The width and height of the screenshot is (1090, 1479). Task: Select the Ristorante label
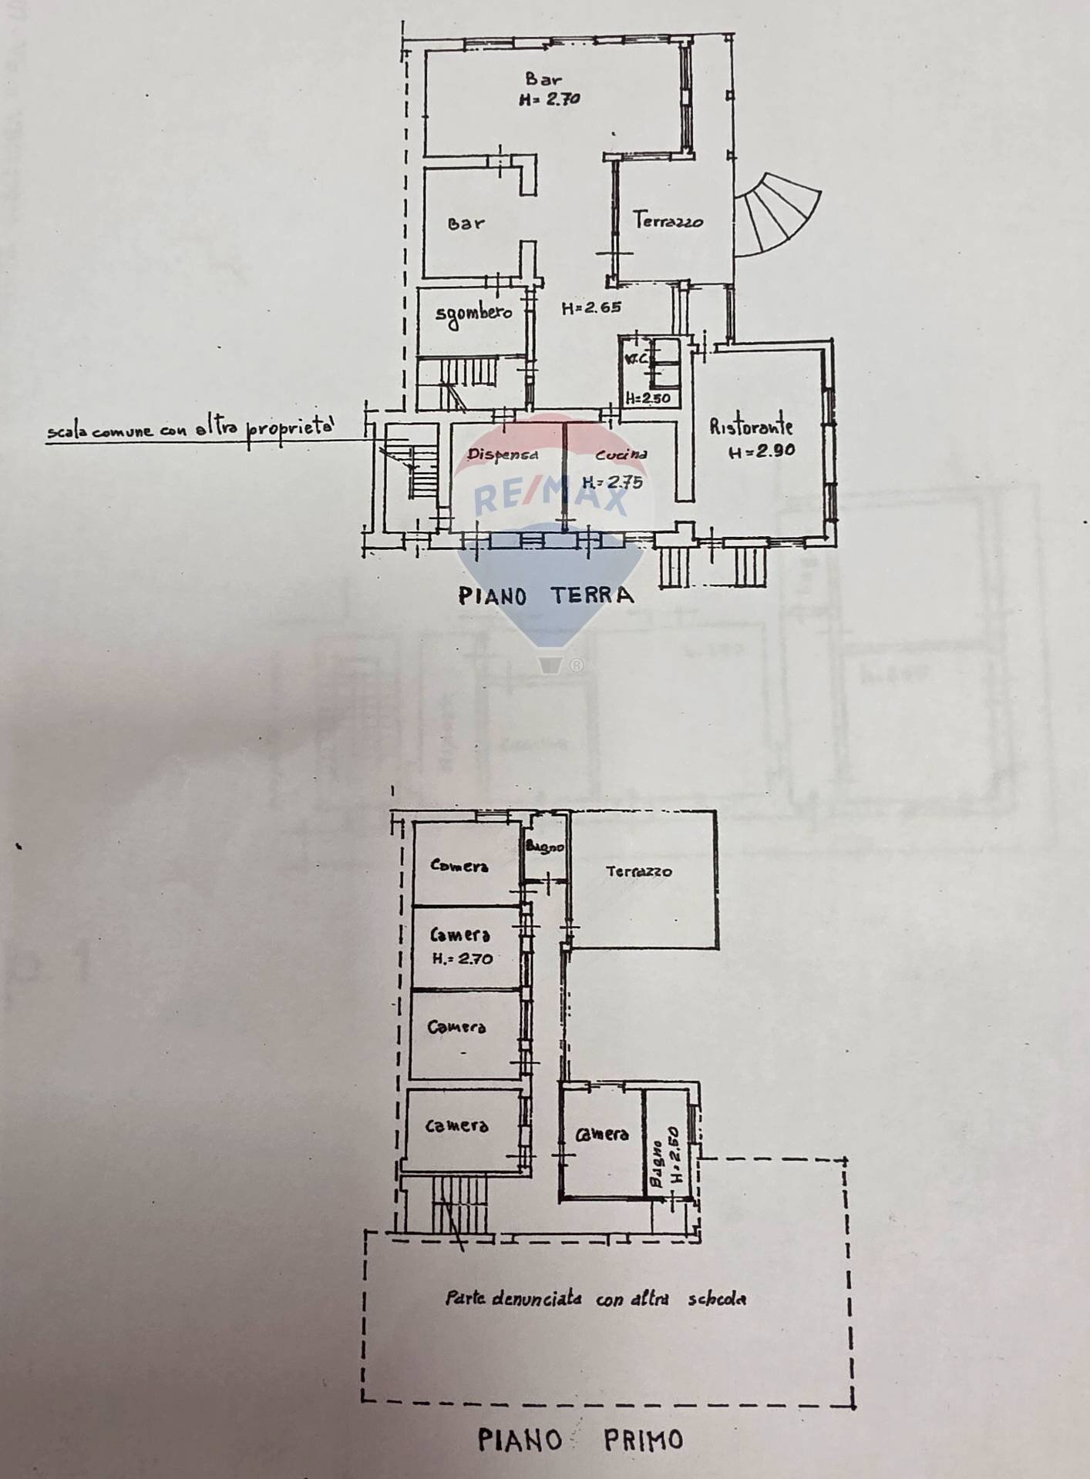coord(751,426)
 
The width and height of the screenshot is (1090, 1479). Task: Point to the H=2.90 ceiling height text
coord(762,452)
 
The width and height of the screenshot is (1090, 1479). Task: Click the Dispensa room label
coord(503,454)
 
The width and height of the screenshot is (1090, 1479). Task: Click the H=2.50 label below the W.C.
coord(648,398)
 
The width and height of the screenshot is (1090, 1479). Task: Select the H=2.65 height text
coord(591,308)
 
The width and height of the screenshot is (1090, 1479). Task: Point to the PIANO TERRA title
coord(546,595)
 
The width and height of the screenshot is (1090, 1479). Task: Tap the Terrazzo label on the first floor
coord(638,872)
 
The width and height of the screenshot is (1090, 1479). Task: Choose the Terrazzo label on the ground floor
coord(668,221)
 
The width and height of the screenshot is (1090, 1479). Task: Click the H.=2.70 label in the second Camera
coord(461,959)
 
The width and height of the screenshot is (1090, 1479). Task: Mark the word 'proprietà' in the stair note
coord(291,428)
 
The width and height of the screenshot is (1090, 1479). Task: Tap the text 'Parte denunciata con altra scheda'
coord(596,1299)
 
